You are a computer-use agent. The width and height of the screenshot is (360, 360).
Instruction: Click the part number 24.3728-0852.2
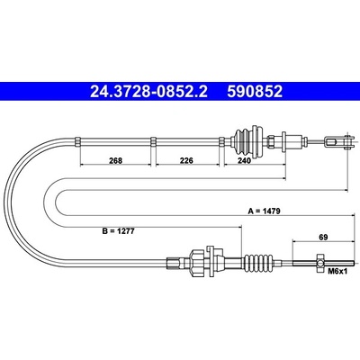pos(148,92)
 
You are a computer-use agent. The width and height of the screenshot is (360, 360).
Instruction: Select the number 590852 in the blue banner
pos(255,92)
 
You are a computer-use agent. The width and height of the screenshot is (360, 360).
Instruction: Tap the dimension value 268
pos(115,160)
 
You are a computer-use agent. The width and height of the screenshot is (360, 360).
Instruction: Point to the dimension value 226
pos(186,160)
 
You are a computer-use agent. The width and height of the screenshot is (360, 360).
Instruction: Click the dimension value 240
pos(244,160)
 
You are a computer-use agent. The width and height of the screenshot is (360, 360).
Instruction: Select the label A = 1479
pos(264,211)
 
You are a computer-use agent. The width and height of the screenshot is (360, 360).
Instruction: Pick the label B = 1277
pos(118,231)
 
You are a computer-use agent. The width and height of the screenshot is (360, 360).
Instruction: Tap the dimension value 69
pos(323,237)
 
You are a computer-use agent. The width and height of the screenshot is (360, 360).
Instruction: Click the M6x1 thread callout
pos(337,272)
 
